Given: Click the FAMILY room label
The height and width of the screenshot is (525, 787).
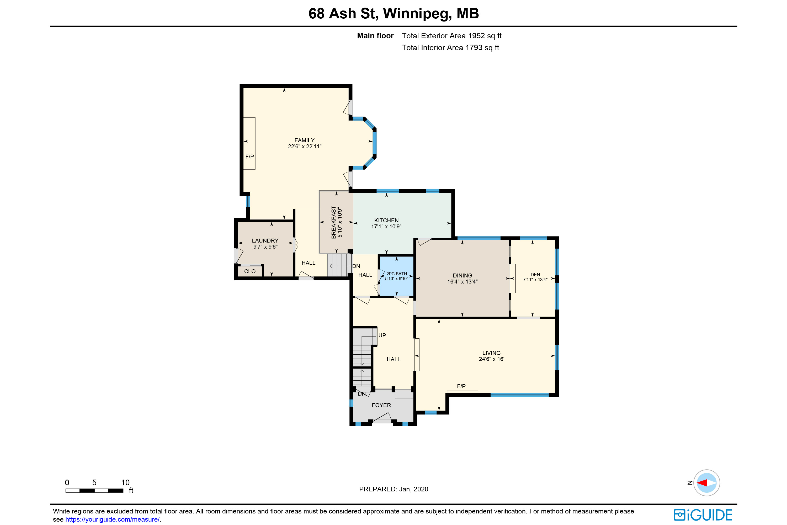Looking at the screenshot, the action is tap(304, 140).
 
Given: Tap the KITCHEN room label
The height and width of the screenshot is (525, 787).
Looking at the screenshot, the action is tap(386, 220).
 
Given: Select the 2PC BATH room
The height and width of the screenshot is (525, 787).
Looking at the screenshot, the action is tap(396, 276).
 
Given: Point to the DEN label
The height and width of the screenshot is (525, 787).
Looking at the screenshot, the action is tap(535, 275).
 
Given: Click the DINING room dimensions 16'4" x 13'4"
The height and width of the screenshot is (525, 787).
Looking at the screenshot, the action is tap(462, 282).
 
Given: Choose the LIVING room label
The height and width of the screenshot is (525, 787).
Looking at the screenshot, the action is tap(491, 353).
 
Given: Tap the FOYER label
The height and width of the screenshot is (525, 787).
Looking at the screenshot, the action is tap(381, 405).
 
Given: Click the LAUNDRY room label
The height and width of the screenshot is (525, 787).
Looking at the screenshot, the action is tap(265, 241).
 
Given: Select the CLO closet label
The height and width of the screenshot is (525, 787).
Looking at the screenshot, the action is tap(250, 271).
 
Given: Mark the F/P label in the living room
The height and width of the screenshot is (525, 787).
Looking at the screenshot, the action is tap(461, 386).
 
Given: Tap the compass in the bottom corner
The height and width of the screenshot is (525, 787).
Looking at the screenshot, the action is tap(706, 483).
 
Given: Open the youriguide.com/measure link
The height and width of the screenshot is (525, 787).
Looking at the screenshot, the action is tap(113, 519).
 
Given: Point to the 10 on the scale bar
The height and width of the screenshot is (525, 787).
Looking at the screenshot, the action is tap(125, 482).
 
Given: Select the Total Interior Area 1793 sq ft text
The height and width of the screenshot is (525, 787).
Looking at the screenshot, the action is tap(450, 48).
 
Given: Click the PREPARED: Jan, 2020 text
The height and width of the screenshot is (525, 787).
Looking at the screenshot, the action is tap(393, 489).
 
